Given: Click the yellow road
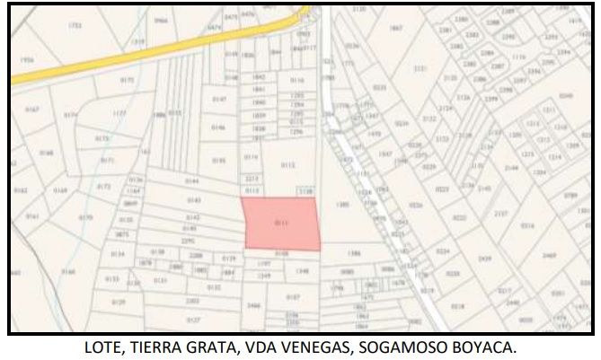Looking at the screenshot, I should click(x=135, y=56).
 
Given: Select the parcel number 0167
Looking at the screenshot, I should click(x=32, y=110).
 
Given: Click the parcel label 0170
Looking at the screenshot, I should click(x=86, y=217).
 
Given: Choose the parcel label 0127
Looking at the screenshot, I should click(x=192, y=320).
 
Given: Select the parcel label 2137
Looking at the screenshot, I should click(x=500, y=213).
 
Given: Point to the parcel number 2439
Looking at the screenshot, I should click(x=485, y=259).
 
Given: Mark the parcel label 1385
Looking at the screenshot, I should click(x=342, y=206).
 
